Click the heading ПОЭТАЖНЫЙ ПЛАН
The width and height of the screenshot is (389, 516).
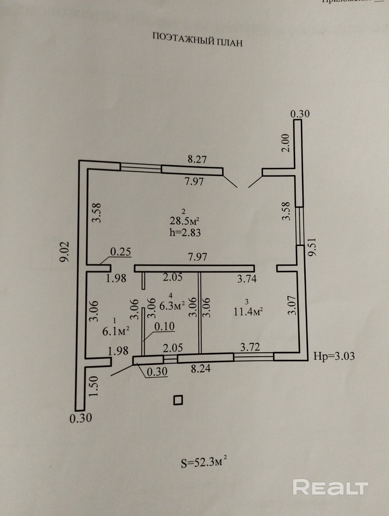pos(197,39)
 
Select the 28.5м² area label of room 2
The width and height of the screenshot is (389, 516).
pos(184,221)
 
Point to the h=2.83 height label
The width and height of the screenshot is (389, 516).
pos(185,232)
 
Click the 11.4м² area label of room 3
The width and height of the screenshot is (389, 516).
pos(248,312)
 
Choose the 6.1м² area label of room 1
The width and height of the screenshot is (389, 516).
pos(116,331)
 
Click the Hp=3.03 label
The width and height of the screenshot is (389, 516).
pos(334,356)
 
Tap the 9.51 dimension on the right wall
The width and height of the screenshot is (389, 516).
pos(312,247)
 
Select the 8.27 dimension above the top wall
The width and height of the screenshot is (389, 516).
pos(197,159)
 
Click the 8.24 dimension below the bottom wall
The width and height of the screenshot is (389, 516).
pos(200,368)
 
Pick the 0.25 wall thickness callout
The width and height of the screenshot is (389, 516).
pos(121,252)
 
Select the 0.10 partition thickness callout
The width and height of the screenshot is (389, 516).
pos(164,326)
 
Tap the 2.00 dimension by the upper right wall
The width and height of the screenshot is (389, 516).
pos(286,143)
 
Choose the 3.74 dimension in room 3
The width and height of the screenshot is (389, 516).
pos(247,278)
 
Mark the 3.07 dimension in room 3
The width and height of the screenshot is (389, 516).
pos(292,305)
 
